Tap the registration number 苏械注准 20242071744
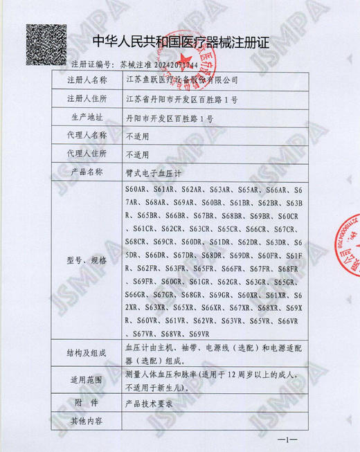click(x=159, y=64)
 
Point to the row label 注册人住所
click(x=87, y=100)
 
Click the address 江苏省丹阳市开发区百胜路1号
click(x=183, y=100)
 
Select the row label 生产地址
click(x=87, y=118)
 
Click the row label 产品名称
click(x=87, y=172)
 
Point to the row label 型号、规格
click(x=87, y=260)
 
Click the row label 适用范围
click(x=87, y=381)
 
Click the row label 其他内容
click(x=87, y=420)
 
